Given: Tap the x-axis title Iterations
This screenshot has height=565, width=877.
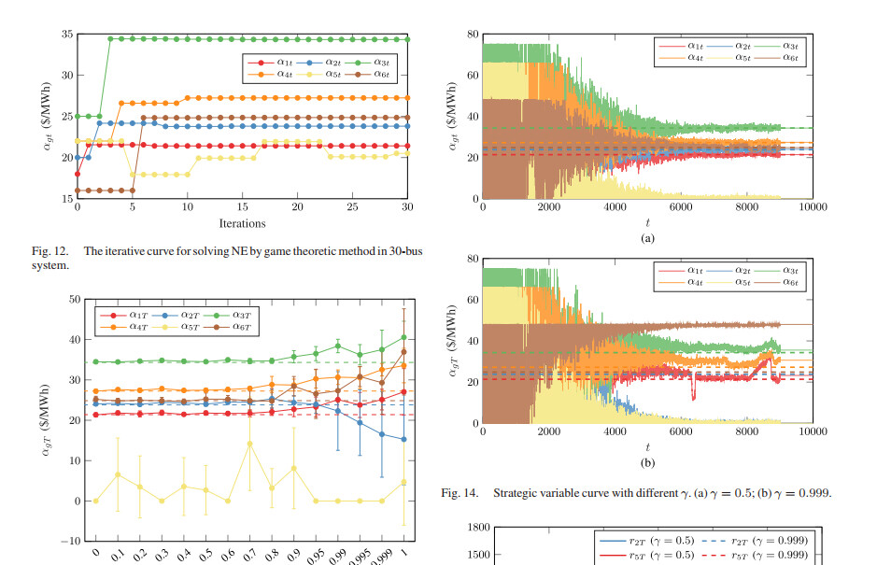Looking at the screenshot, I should point(242,224).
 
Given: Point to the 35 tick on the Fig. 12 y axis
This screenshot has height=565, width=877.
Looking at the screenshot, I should point(66,35).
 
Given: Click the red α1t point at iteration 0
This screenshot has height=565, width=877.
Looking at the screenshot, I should point(78,174).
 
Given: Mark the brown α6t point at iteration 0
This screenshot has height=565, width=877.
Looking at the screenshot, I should point(78,191).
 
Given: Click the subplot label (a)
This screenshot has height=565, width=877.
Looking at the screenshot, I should point(647,239).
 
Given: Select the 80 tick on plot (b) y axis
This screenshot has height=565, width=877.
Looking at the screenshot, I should point(473,259).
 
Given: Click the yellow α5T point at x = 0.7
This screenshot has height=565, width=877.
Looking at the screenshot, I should point(249,444).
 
